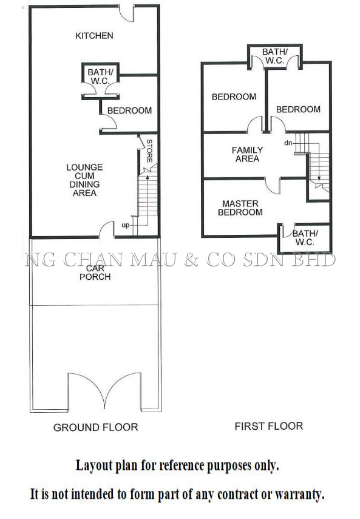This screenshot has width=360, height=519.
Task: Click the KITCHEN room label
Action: coord(94,35)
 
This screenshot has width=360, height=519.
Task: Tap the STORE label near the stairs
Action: coord(149,151)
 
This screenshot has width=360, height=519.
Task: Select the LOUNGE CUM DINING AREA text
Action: coord(84,180)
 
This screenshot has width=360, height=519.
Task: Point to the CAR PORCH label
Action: coord(95,273)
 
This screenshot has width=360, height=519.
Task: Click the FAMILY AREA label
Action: coord(247,154)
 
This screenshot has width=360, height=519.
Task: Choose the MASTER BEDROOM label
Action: coord(240,208)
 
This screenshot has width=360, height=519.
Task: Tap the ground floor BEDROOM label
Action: coord(129,110)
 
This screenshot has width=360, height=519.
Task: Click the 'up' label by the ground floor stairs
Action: coord(126,225)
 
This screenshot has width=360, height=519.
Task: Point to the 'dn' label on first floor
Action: coord(288,143)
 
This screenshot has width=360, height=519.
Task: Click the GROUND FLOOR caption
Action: coord(96,427)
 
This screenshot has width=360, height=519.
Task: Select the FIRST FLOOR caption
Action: coord(269,426)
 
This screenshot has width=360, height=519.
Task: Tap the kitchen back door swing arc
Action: coord(126,16)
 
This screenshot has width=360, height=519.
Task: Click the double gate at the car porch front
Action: coord(104,390)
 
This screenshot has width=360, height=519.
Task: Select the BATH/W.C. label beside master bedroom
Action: coord(305,238)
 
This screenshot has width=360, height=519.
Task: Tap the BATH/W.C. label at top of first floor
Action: coord(274,56)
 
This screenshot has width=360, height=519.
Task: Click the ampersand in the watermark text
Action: coord(192,260)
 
